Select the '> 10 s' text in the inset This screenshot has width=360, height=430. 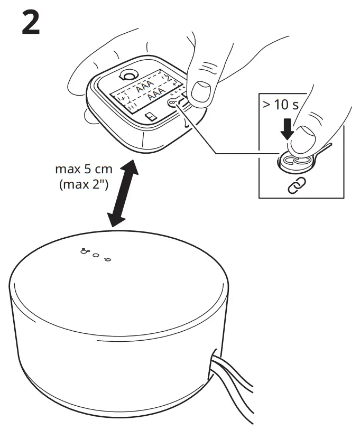coord(281,104)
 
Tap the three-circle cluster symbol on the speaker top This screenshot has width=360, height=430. coord(84,251)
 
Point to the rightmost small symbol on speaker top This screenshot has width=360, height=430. coord(107,259)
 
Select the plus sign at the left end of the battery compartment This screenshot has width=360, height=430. coord(123,99)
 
